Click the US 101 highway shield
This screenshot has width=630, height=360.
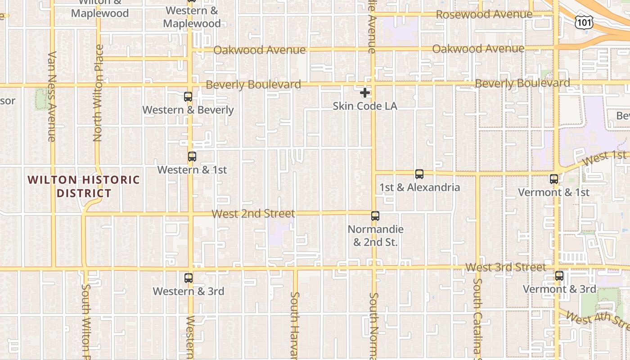pyautogui.click(x=584, y=22)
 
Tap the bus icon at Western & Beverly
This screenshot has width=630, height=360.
pyautogui.click(x=188, y=97)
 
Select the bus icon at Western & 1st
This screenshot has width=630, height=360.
pyautogui.click(x=192, y=157)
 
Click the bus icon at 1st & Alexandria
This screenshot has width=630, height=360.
pyautogui.click(x=419, y=174)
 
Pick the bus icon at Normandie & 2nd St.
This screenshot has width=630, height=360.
pyautogui.click(x=375, y=216)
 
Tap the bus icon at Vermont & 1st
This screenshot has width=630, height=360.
pyautogui.click(x=554, y=179)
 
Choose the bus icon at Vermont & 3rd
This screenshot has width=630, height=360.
pyautogui.click(x=559, y=276)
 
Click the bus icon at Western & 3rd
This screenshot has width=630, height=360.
pyautogui.click(x=189, y=278)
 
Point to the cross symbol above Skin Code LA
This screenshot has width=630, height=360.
pyautogui.click(x=365, y=93)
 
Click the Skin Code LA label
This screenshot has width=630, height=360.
pyautogui.click(x=365, y=106)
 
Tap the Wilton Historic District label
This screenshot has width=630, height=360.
pyautogui.click(x=84, y=186)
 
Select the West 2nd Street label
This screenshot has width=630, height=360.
pyautogui.click(x=253, y=213)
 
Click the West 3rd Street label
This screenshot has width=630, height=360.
pyautogui.click(x=505, y=267)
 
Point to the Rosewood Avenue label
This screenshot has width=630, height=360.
pyautogui.click(x=484, y=14)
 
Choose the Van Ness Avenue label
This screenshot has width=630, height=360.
pyautogui.click(x=52, y=96)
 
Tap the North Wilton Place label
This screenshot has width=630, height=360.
pyautogui.click(x=98, y=93)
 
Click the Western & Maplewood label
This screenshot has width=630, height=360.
pyautogui.click(x=192, y=17)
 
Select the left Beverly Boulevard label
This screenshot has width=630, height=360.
pyautogui.click(x=253, y=85)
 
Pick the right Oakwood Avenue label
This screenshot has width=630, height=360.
pyautogui.click(x=478, y=49)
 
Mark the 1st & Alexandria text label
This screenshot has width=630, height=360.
pyautogui.click(x=419, y=187)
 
